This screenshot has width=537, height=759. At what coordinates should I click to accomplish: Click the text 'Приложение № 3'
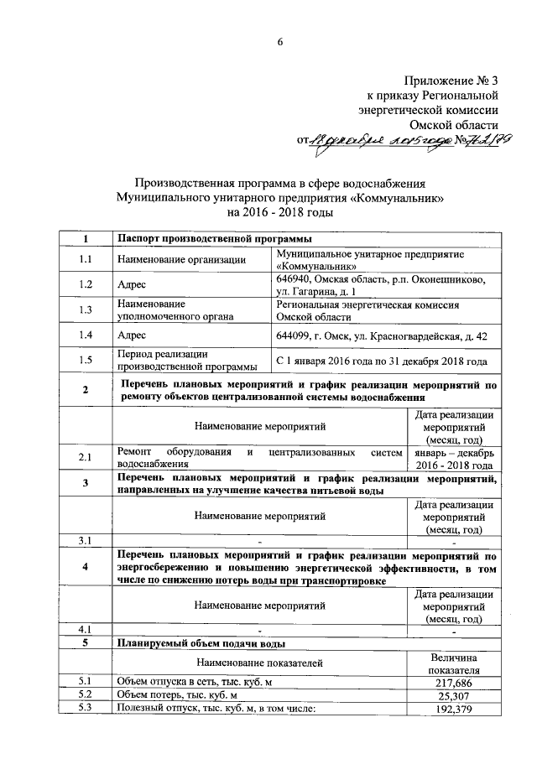tap(451, 81)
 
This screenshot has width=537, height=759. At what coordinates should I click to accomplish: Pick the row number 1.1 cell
tap(85, 260)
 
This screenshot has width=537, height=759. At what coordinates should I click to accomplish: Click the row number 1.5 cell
tap(85, 361)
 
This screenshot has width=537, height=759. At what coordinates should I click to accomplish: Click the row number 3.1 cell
tap(85, 540)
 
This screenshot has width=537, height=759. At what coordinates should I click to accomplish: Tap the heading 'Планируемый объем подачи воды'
tap(201, 643)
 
